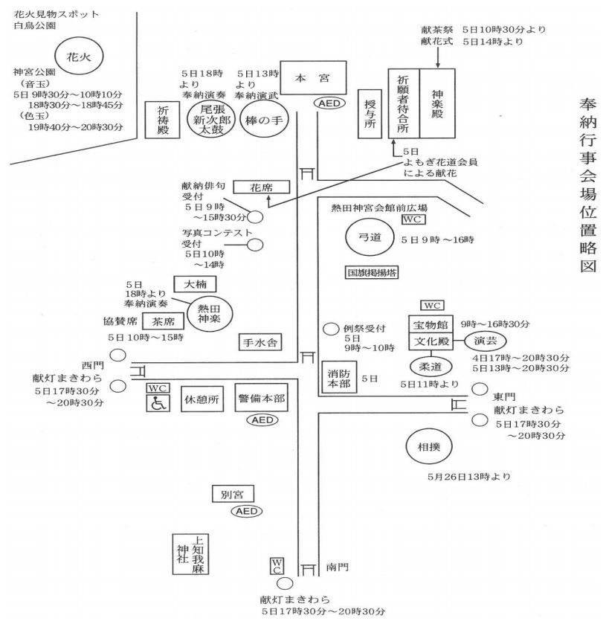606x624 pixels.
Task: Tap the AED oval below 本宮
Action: point(329,103)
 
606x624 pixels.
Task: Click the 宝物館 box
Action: point(431,324)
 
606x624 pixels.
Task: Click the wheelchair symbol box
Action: point(157,403)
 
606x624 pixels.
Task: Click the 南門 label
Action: point(337,567)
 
